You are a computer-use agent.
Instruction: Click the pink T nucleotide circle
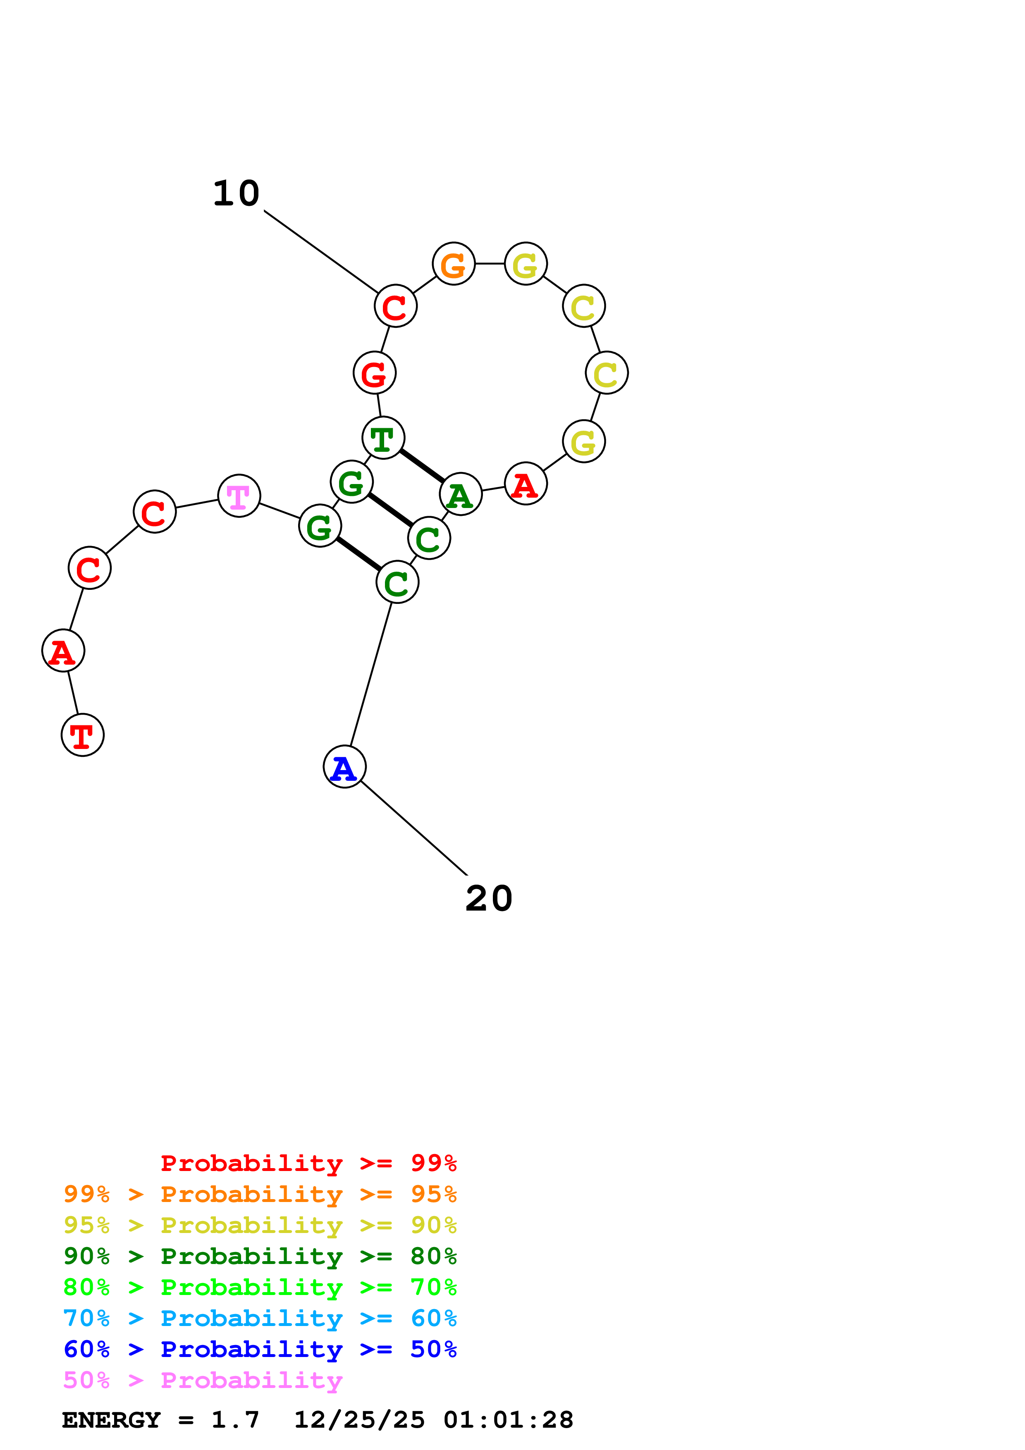(239, 496)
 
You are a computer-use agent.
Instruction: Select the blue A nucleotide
(344, 767)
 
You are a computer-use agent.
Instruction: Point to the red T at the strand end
(83, 735)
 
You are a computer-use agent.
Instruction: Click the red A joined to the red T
(63, 651)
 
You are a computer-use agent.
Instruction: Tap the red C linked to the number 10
(395, 305)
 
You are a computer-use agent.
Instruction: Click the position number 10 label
(236, 193)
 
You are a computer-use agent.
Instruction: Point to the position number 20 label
(489, 898)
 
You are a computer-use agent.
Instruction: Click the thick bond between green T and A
(422, 465)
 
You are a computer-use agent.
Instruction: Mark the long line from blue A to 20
(413, 828)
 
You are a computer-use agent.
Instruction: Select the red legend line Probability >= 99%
(309, 1163)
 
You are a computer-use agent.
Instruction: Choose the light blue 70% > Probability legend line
(260, 1318)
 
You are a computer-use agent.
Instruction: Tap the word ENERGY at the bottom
(111, 1420)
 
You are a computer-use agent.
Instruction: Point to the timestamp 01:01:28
(509, 1420)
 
